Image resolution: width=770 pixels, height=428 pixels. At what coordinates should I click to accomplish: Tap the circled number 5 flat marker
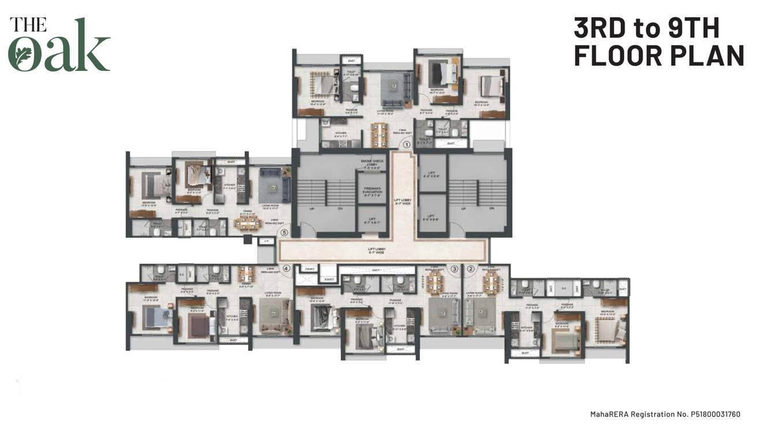(284, 232)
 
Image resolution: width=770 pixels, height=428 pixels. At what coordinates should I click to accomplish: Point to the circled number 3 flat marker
(454, 268)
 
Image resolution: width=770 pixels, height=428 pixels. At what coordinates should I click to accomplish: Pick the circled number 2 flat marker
(470, 268)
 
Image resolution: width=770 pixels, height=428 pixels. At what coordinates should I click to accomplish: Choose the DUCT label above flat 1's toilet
(351, 59)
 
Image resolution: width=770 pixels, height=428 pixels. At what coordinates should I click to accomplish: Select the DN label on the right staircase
(491, 209)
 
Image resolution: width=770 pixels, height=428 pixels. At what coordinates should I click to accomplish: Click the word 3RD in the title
(600, 28)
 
